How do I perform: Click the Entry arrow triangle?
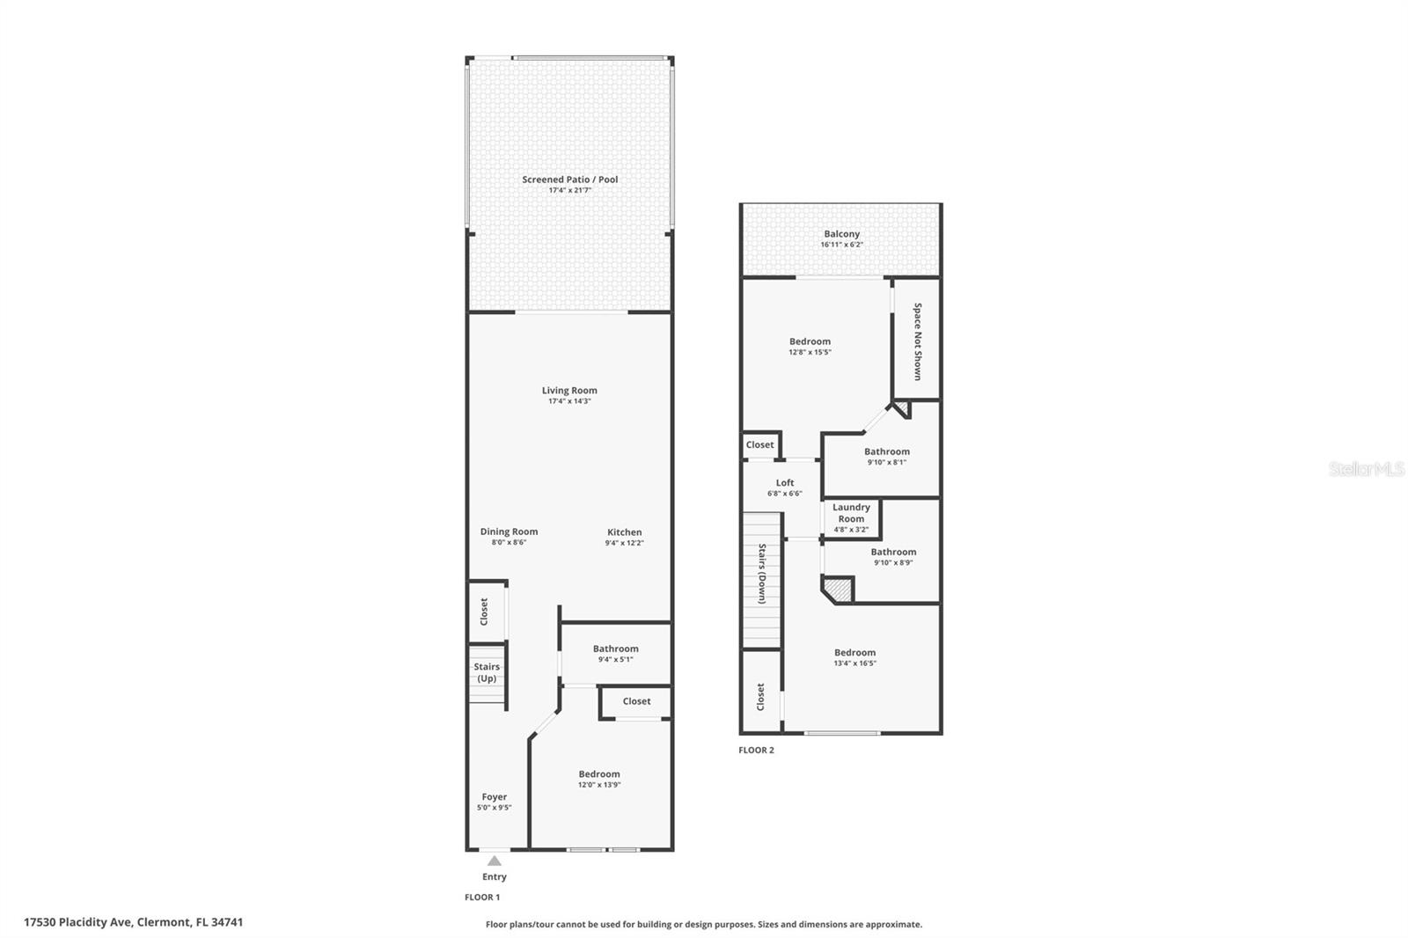coord(495,861)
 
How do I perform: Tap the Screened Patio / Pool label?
coord(570,180)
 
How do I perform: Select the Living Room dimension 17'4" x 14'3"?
coord(569,401)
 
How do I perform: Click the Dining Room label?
coord(510,531)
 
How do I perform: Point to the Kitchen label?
coord(624,531)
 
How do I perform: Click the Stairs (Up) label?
coord(488,672)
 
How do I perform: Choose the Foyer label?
coord(494,796)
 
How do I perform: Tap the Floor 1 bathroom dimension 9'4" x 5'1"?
coord(615,659)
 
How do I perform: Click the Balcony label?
coord(841,234)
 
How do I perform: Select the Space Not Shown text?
coord(918,341)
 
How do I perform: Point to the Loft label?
coord(784,483)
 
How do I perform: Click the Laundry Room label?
coord(851,513)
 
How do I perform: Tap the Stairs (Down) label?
coord(762,574)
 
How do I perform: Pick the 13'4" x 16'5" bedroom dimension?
coord(854,663)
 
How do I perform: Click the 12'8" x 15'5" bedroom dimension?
coord(810,352)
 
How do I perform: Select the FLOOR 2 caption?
coord(756,750)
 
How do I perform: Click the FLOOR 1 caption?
coord(482,898)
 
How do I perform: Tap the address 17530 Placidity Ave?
coord(77,922)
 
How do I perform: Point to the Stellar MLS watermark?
coord(1367,468)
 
